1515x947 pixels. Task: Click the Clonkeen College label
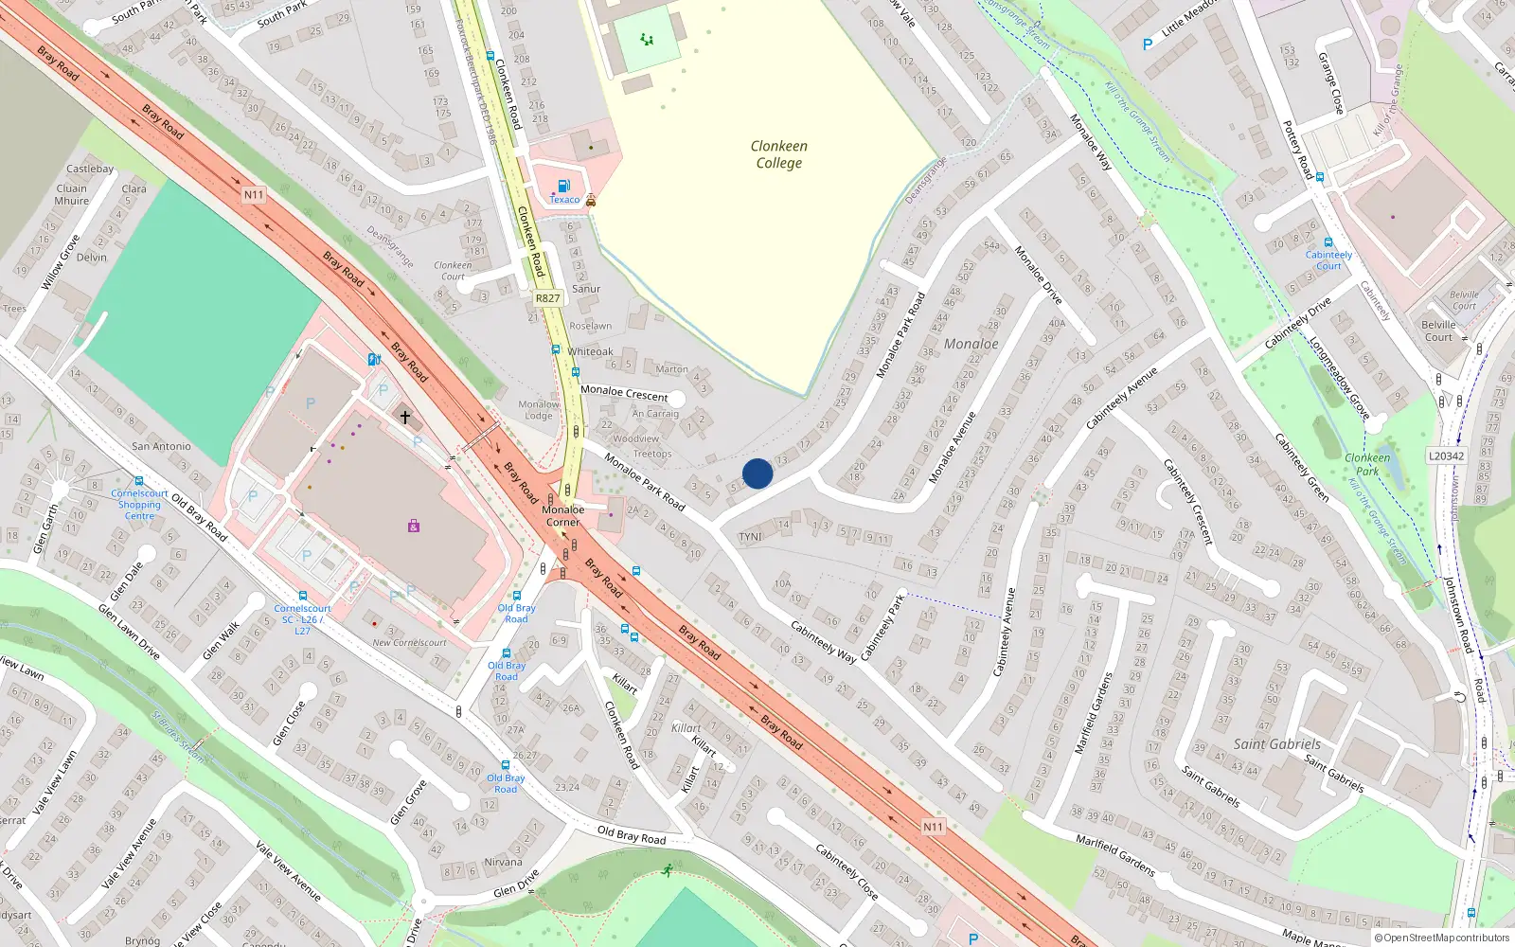point(778,154)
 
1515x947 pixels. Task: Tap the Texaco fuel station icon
point(563,186)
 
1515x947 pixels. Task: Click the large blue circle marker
point(757,473)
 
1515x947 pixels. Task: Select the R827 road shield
point(547,298)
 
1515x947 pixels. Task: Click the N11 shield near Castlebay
point(254,195)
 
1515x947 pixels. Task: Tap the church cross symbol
point(405,417)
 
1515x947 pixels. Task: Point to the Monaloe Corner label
point(562,516)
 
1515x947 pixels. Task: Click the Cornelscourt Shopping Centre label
point(139,505)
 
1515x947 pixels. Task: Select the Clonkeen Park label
point(1367,464)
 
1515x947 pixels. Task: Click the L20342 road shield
point(1446,456)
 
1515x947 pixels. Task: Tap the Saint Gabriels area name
point(1276,744)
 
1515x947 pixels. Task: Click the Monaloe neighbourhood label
point(971,344)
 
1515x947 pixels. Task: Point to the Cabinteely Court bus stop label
point(1328,260)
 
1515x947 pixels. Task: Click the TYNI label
point(750,537)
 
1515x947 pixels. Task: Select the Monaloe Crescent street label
point(624,393)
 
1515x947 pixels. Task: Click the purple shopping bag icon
point(414,526)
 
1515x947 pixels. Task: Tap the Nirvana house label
point(503,862)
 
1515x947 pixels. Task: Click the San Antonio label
point(161,446)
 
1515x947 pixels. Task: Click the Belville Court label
point(1438,331)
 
